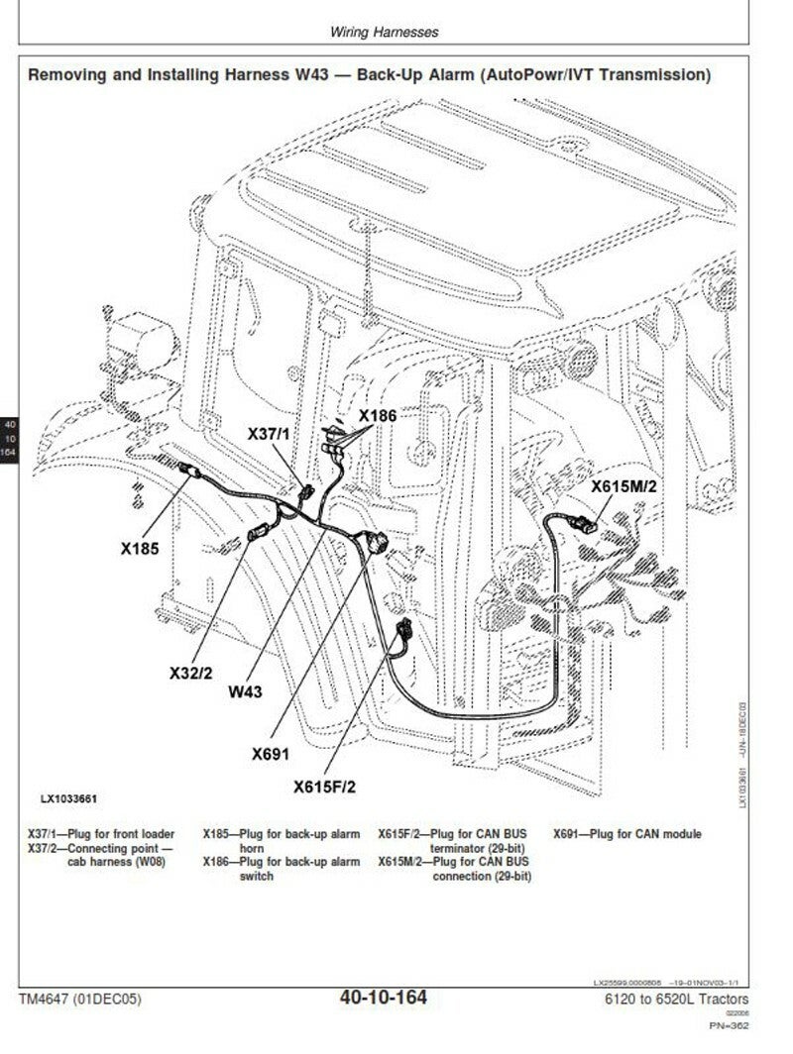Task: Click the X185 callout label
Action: pyautogui.click(x=140, y=547)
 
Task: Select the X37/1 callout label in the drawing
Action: pyautogui.click(x=269, y=434)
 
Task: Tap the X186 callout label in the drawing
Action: pyautogui.click(x=378, y=417)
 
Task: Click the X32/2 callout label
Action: pyautogui.click(x=190, y=674)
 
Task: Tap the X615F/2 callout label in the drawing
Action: pyautogui.click(x=324, y=787)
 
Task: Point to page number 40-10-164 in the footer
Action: pyautogui.click(x=383, y=998)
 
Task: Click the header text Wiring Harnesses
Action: pyautogui.click(x=384, y=32)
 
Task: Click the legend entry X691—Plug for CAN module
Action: pyautogui.click(x=626, y=834)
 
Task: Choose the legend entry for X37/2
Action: pyautogui.click(x=100, y=855)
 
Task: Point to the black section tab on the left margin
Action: pyautogui.click(x=10, y=438)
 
